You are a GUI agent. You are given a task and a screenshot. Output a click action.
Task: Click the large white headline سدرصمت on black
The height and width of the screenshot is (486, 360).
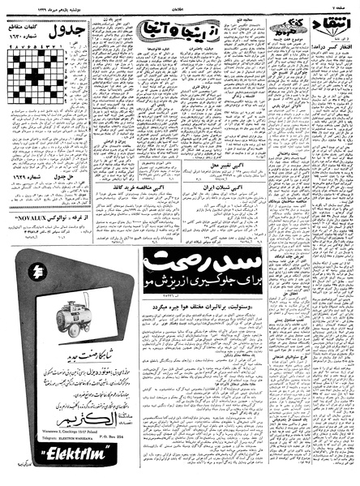(x=195, y=264)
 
